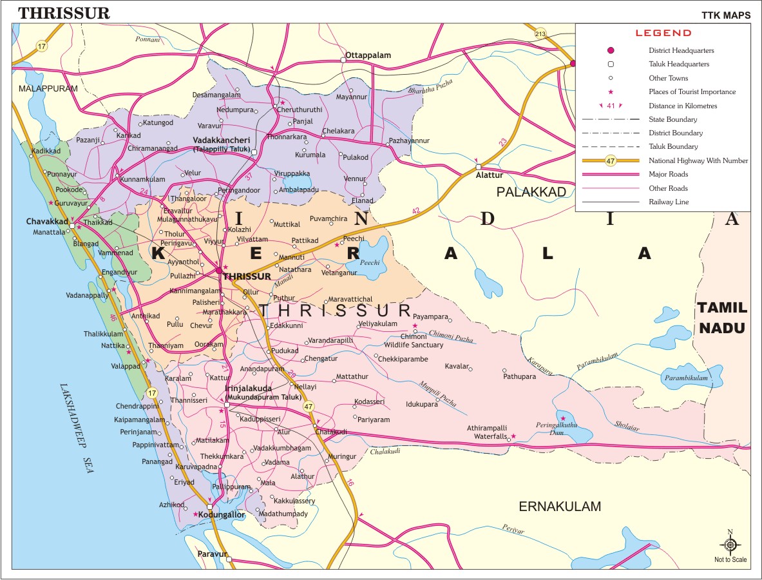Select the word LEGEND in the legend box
coord(663,33)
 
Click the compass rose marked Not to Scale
coord(730,545)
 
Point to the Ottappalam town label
coord(368,55)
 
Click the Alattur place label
coord(489,175)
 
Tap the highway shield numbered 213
coord(540,34)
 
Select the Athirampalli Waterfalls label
coord(491,432)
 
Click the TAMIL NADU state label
coord(721,318)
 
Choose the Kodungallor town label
coord(222,515)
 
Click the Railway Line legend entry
coord(669,202)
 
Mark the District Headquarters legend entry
coord(681,50)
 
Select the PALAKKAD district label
coord(531,192)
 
